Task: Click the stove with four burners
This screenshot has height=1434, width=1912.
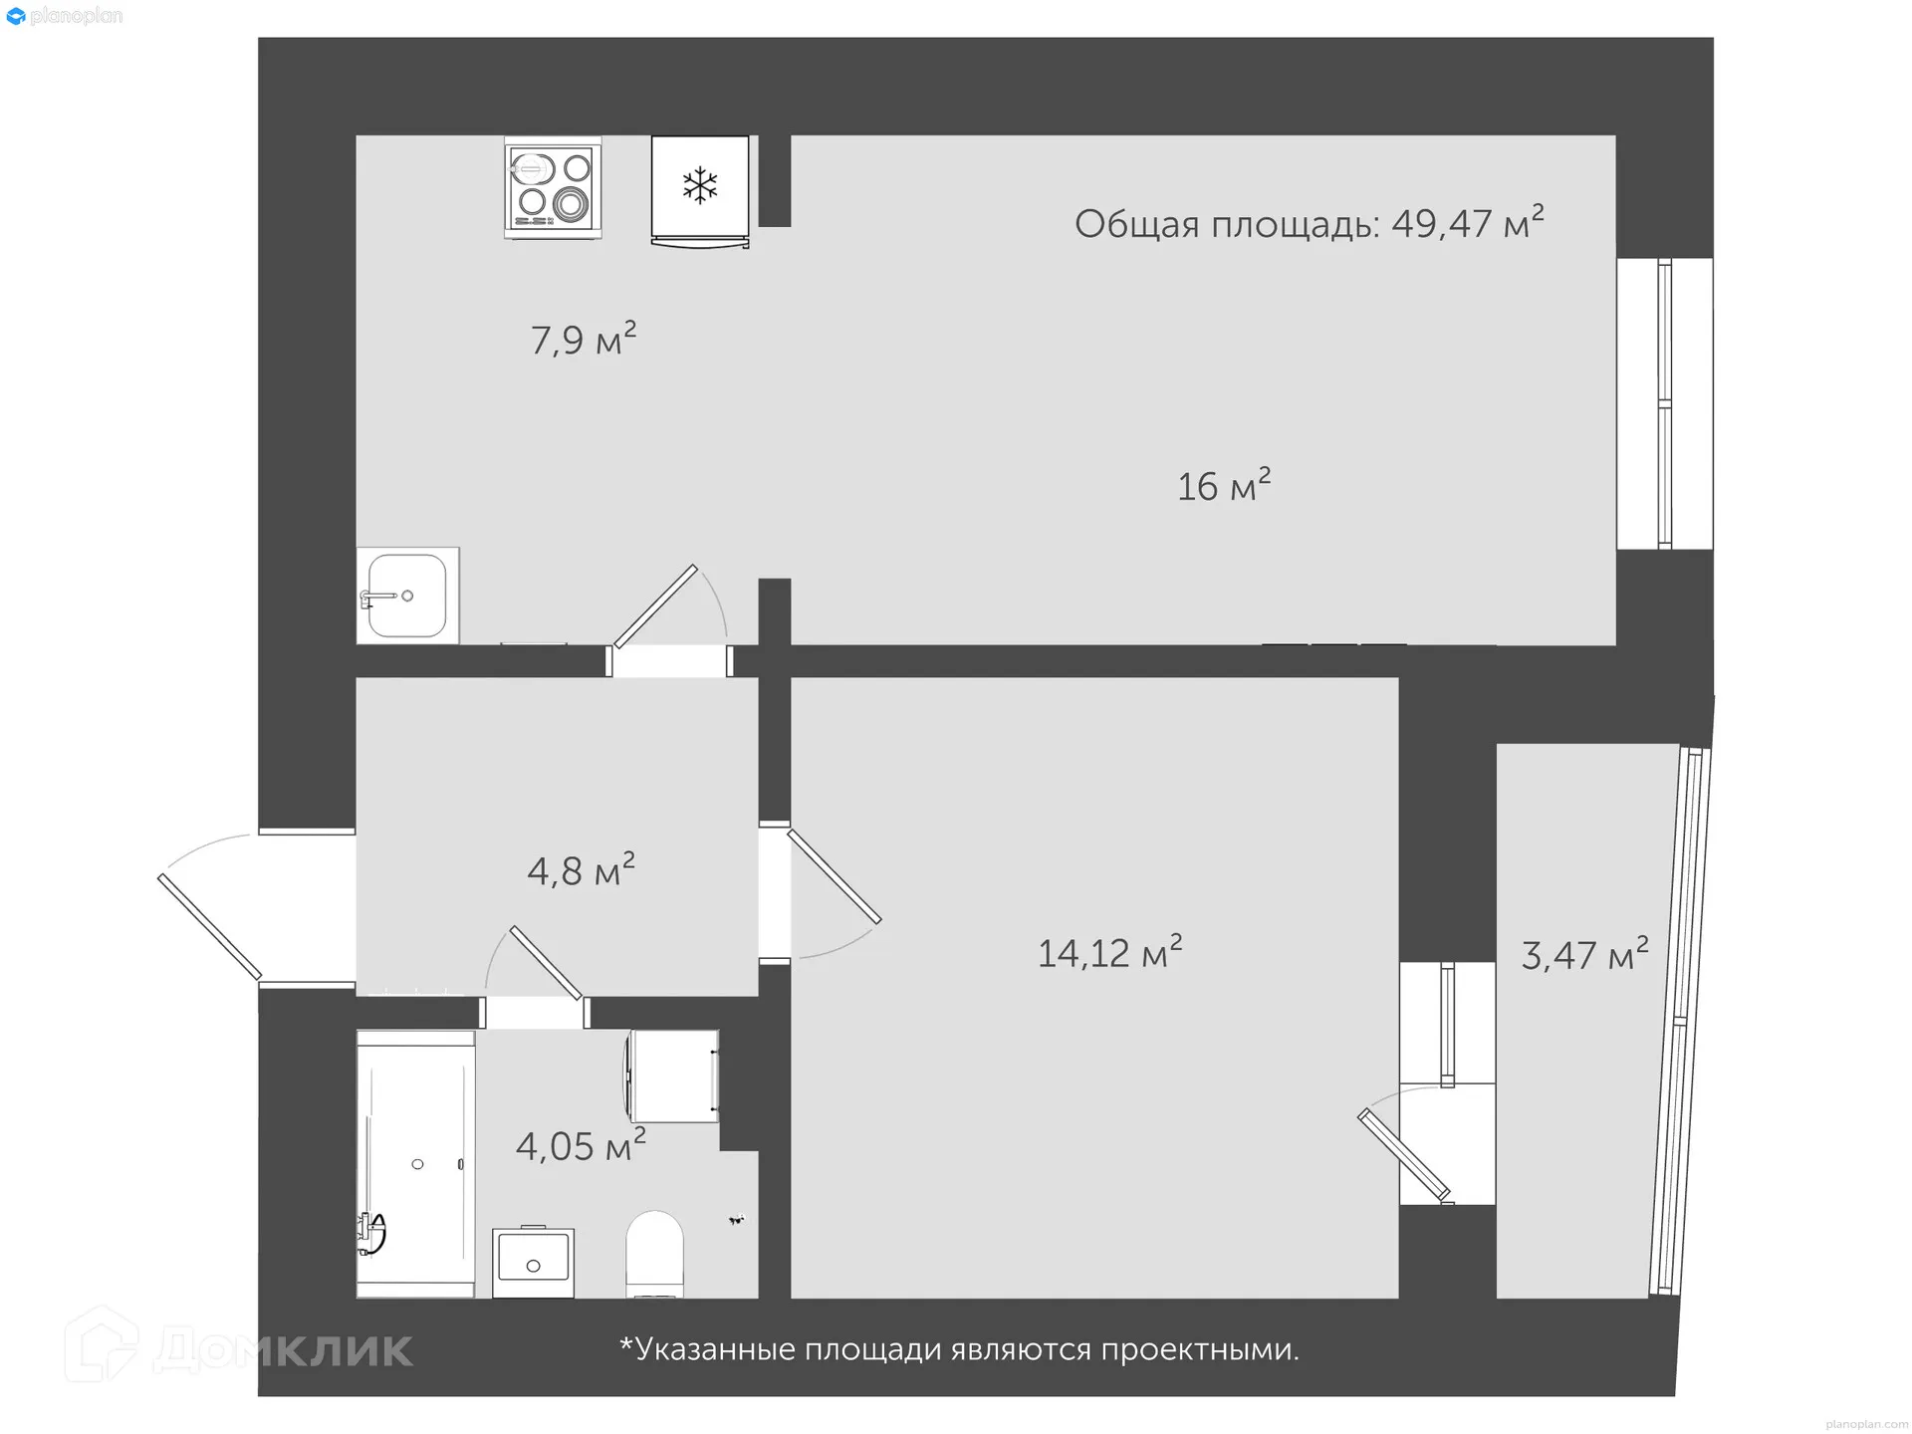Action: [x=553, y=187]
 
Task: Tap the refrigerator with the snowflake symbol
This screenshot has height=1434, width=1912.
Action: [x=700, y=189]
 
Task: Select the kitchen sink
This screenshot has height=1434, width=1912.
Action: [x=407, y=596]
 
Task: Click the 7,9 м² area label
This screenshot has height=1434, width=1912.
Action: [x=583, y=340]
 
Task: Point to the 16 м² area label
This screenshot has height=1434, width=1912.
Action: [x=1223, y=485]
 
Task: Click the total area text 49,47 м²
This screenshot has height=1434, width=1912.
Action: [x=1308, y=223]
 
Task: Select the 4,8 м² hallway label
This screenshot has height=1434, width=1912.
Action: [x=581, y=870]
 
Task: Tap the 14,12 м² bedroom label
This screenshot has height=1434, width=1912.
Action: [x=1109, y=952]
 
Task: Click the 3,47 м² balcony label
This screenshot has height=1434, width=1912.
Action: [x=1583, y=954]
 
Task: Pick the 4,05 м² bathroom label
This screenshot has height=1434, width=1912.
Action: [x=580, y=1145]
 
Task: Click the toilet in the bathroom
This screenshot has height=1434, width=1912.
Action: [x=654, y=1253]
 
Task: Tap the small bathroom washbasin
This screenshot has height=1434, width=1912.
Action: [x=533, y=1261]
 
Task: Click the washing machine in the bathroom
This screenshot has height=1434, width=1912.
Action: [x=673, y=1075]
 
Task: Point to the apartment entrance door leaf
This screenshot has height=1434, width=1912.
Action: [x=209, y=927]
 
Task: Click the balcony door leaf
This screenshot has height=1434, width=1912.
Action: [x=1403, y=1155]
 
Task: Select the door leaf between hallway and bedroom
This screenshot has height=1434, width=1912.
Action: [x=835, y=876]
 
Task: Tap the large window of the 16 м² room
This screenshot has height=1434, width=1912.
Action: [x=1663, y=403]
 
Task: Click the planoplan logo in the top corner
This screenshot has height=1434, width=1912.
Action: [x=64, y=16]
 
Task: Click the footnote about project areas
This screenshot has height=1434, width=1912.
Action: [x=959, y=1349]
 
